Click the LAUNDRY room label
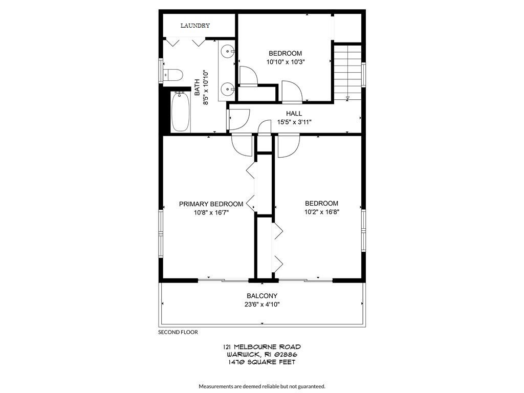tap(195, 26)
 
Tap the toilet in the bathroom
tap(173, 75)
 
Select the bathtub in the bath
tap(180, 112)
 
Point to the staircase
tap(347, 72)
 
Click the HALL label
tap(294, 114)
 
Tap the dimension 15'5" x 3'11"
tap(294, 122)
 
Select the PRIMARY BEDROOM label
tap(211, 204)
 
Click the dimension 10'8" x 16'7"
tap(211, 212)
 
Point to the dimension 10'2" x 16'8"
tap(321, 212)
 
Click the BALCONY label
tap(262, 296)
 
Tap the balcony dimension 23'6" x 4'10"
tap(262, 304)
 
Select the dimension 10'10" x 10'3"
tap(285, 62)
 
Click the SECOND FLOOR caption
tap(178, 332)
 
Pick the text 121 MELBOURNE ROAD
tap(261, 347)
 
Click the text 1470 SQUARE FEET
tap(261, 362)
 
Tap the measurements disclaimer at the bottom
tap(261, 386)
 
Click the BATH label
tap(196, 88)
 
